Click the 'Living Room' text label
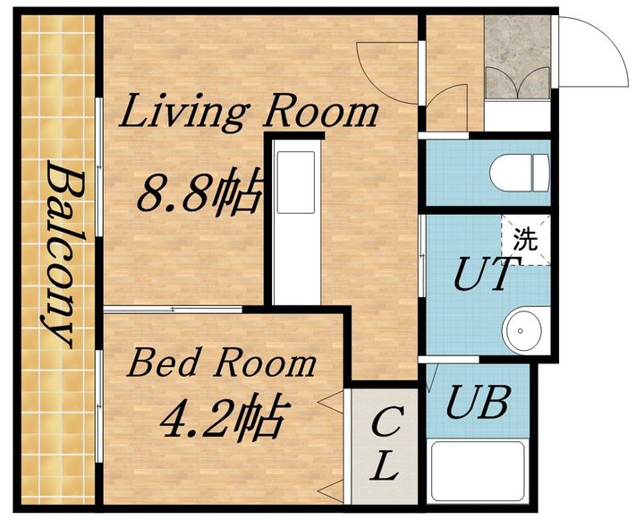coord(249,110)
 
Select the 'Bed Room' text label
coord(222,362)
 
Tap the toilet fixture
coord(520,173)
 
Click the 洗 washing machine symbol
coord(526,240)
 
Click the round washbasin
coord(521,331)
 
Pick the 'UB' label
coord(479,402)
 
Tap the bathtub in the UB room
coord(479,472)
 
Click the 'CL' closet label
coord(385,443)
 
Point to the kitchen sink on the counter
coord(296,182)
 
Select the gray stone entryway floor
coord(518,56)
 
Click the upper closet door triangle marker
coord(331,402)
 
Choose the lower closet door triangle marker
coord(331,491)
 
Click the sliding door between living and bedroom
coord(173,310)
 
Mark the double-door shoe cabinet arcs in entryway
coord(518,84)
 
